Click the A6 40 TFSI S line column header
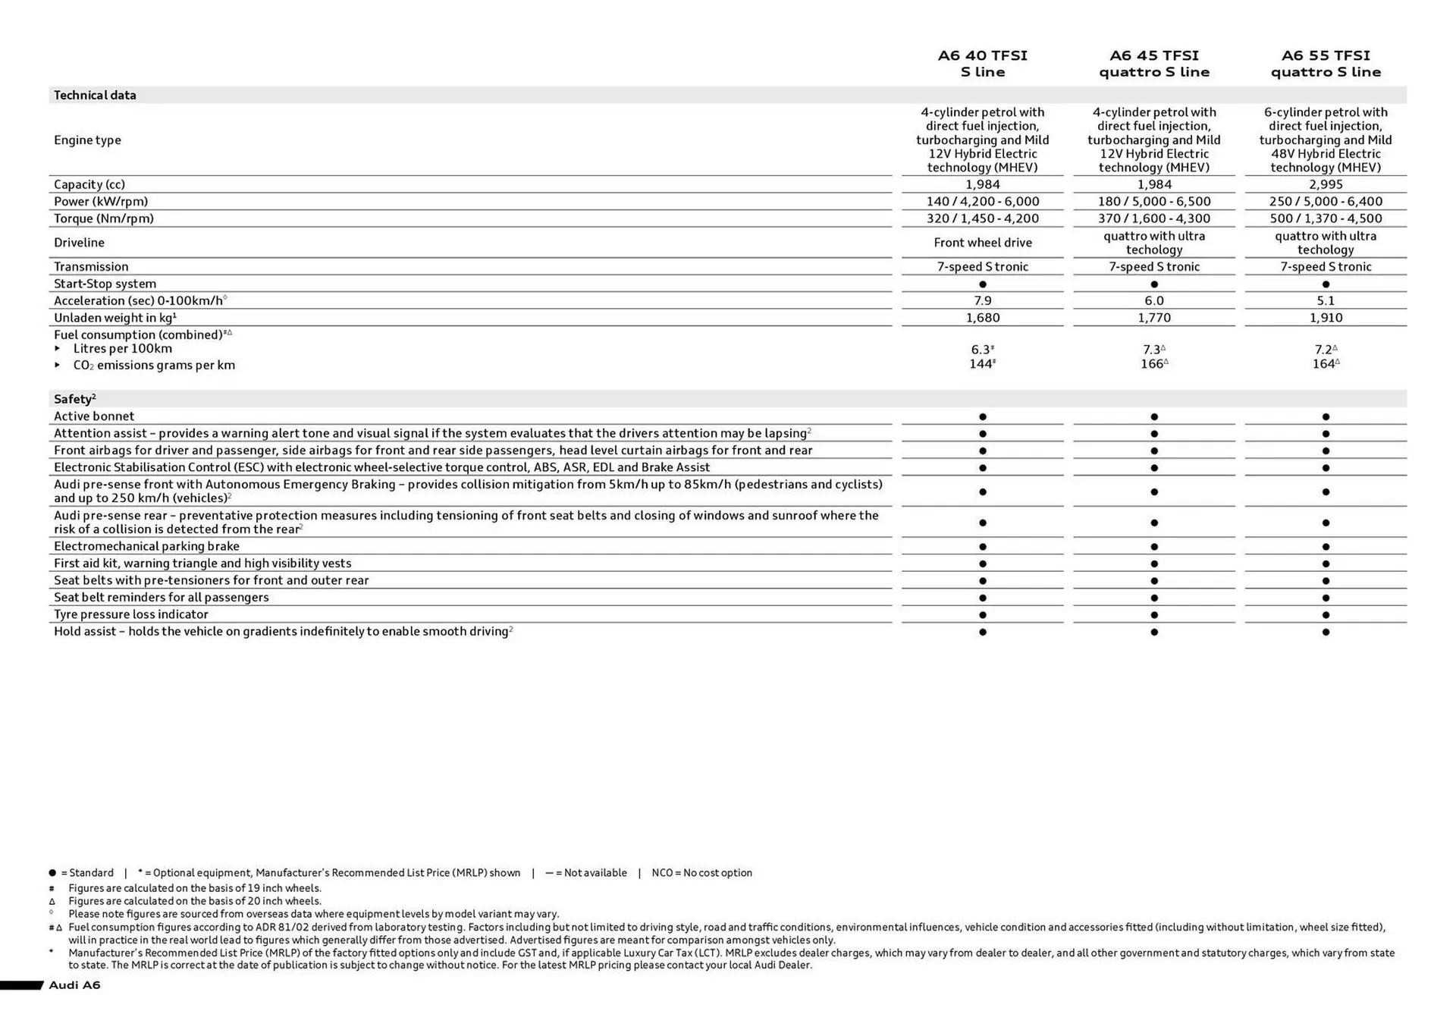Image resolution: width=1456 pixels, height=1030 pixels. point(982,64)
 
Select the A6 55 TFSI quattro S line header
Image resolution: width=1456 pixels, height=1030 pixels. point(1326,64)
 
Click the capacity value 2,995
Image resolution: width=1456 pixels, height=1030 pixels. point(1326,184)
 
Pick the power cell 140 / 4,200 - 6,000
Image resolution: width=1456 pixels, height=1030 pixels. point(982,202)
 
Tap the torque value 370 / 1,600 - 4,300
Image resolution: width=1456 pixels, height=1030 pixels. point(1153,218)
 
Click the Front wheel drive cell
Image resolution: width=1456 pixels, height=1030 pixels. point(982,243)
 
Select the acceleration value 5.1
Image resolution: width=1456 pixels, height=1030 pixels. point(1326,301)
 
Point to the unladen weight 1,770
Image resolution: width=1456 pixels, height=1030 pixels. point(1153,318)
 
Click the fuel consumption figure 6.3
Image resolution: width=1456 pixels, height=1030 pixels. point(981,350)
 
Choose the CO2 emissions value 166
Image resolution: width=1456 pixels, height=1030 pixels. point(1153,364)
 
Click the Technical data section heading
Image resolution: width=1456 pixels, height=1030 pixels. point(95,96)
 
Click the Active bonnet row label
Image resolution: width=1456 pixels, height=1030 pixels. point(94,416)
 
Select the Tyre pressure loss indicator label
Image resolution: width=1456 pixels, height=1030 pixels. point(130,614)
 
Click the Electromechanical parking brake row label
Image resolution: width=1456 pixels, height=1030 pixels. point(146,546)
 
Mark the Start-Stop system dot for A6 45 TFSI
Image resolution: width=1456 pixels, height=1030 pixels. point(1154,284)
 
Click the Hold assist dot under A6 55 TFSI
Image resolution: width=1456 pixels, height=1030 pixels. point(1326,632)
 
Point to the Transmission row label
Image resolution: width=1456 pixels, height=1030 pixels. point(91,267)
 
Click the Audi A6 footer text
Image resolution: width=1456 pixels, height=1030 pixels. point(74,985)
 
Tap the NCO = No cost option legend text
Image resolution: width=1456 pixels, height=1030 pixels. point(701,873)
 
